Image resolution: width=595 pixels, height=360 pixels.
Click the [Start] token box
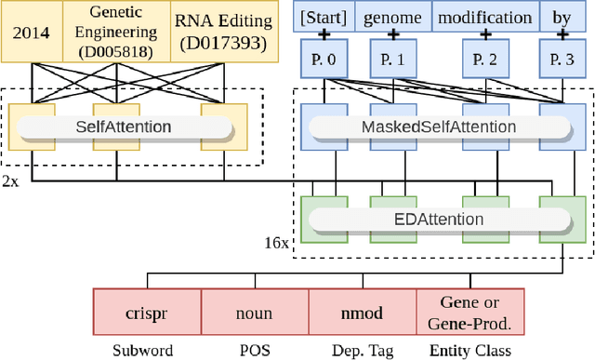click(322, 17)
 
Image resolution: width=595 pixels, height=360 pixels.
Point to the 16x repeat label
click(278, 242)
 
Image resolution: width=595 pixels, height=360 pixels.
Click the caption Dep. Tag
click(362, 350)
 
